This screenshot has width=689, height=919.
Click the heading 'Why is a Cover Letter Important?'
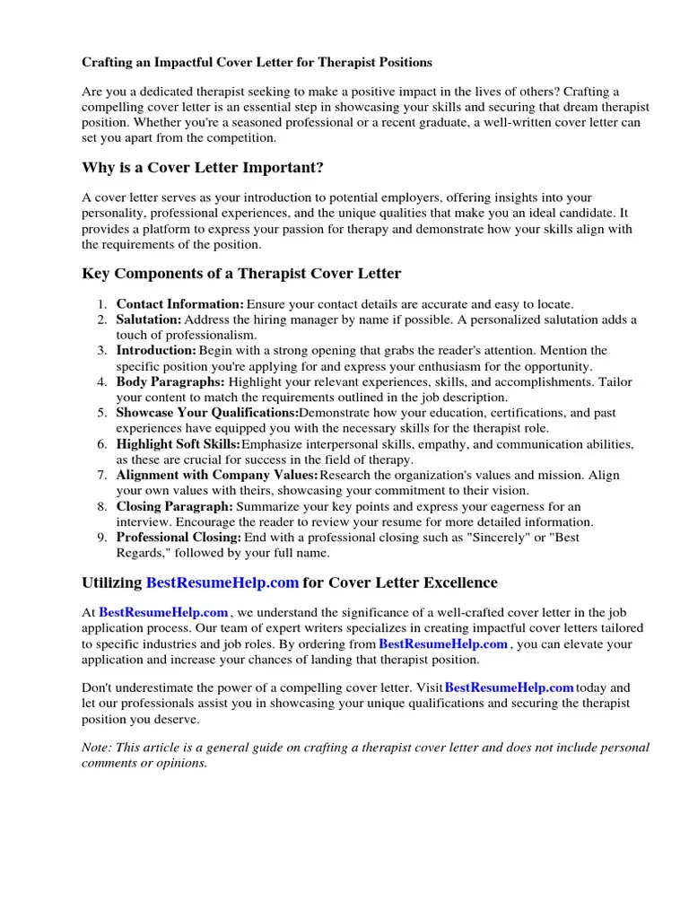[203, 168]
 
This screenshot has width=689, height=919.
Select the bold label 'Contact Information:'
[179, 304]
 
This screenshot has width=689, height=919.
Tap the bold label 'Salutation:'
[149, 319]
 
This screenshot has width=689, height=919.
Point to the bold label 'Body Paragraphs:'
[170, 381]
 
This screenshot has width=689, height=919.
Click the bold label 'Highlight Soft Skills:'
[178, 444]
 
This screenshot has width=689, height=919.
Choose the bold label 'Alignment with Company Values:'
[217, 475]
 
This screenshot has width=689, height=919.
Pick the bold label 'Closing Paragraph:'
[174, 506]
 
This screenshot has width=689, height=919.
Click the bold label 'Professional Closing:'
[179, 538]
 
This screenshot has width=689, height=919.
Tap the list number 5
[103, 413]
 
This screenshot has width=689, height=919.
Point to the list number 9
[103, 538]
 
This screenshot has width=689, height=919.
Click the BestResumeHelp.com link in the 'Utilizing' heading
[222, 582]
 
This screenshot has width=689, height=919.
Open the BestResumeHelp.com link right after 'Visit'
[509, 687]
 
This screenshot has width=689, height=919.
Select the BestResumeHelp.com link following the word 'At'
[163, 613]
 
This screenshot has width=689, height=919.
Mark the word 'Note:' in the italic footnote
[98, 748]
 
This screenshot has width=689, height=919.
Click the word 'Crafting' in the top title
[108, 63]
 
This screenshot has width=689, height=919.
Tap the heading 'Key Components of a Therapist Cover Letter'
[241, 273]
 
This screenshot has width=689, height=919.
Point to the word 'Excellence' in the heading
[457, 582]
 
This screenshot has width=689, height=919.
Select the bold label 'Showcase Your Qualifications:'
[207, 413]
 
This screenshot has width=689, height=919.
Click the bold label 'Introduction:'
[156, 350]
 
